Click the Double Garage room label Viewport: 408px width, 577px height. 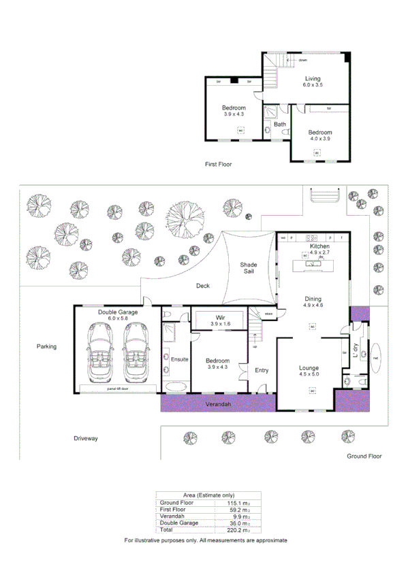(118, 312)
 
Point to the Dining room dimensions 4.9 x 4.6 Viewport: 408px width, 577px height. (313, 306)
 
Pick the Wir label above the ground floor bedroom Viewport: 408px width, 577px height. (219, 318)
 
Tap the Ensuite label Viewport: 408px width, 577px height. (179, 359)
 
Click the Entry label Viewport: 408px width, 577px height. (262, 370)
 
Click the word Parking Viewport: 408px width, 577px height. (46, 346)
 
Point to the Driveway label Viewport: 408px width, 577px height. (86, 439)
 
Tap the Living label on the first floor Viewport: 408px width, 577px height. (313, 79)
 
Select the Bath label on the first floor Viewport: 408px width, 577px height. (280, 125)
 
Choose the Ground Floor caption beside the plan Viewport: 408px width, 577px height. (364, 456)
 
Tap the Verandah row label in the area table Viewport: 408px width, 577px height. (172, 516)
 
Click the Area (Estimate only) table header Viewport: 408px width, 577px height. (208, 495)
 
